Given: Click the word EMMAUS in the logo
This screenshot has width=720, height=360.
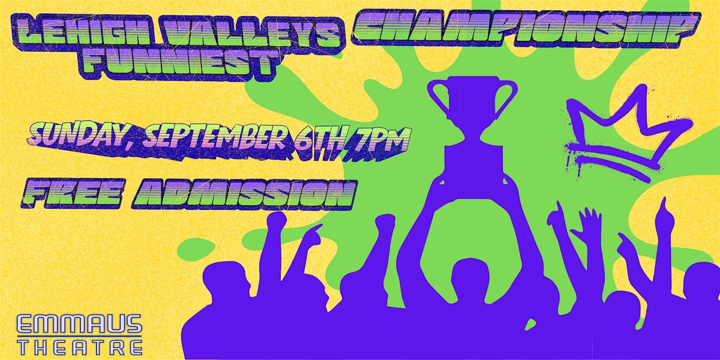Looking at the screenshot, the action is (x=79, y=325).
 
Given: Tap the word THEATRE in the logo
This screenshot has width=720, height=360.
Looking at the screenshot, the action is (x=80, y=347).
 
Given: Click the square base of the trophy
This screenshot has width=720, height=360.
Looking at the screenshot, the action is (x=473, y=164).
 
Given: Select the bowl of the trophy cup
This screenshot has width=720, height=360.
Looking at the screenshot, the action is (x=473, y=102).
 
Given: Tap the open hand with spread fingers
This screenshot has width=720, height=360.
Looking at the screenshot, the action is (x=589, y=225).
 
